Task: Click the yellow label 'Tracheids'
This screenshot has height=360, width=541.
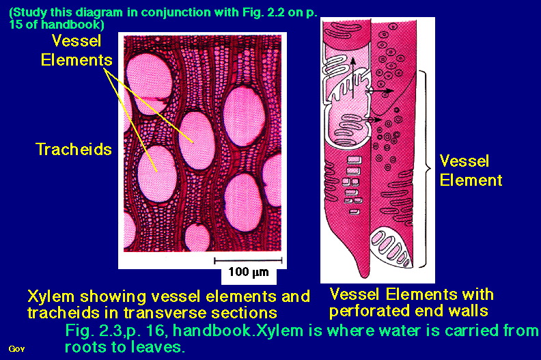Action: point(74,150)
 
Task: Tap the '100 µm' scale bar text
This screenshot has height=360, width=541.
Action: point(249,272)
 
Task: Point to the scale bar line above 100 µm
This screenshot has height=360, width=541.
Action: point(248,260)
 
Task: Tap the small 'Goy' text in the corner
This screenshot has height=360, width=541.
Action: point(16,349)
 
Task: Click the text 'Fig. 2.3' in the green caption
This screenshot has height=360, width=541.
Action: point(92,331)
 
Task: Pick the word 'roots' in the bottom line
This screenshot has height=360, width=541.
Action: point(85,347)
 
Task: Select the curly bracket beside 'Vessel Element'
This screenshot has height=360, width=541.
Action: point(425,169)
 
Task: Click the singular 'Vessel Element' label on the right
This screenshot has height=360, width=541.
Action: point(471,171)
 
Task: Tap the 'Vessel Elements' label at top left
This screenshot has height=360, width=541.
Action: point(77,51)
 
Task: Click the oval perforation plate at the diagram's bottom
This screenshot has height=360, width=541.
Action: point(391,247)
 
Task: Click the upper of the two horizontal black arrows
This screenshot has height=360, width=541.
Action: point(380,91)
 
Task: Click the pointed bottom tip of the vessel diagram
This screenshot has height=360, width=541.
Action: point(364,276)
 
